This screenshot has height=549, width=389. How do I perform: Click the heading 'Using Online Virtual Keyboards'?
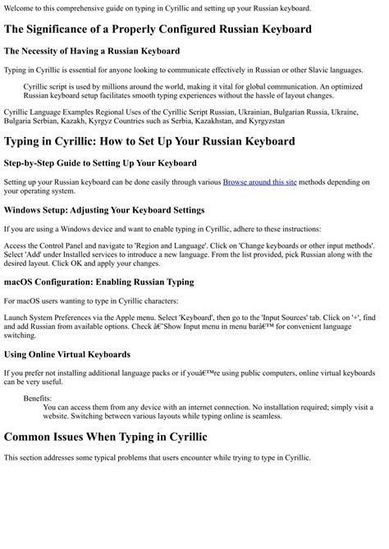tap(66, 354)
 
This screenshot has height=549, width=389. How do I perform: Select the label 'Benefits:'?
tap(38, 398)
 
